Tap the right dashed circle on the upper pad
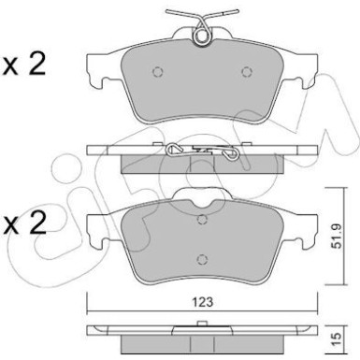pos(245,71)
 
